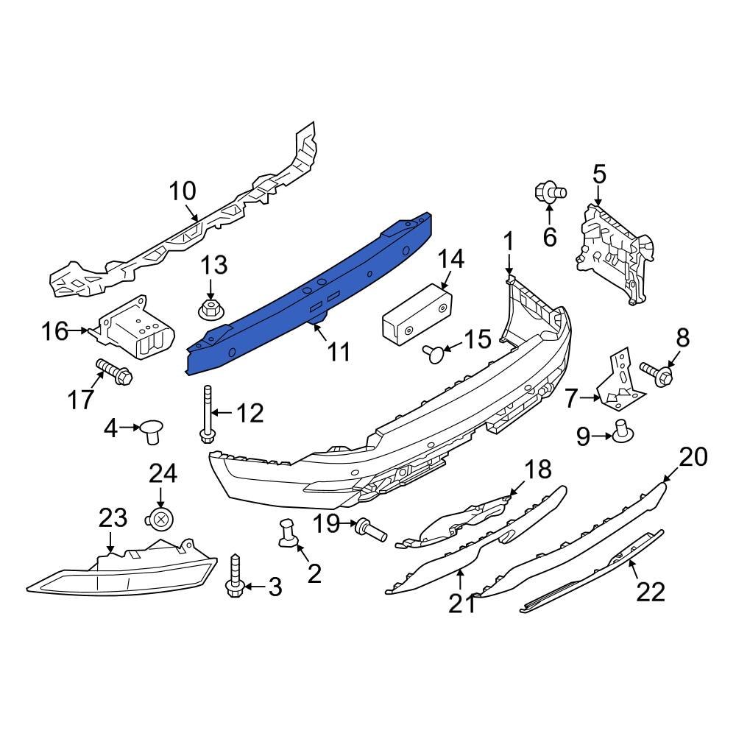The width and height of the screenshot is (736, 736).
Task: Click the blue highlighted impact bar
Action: pos(309,294)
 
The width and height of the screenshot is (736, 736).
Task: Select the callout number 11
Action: pos(339,352)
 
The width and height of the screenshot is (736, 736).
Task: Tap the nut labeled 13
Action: pos(210,309)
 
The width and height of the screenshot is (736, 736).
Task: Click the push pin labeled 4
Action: pos(152,429)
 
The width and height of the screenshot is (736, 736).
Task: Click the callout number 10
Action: pos(183,191)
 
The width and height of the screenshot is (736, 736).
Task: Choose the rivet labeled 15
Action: pos(434,354)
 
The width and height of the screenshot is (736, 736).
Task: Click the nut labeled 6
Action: pos(549,192)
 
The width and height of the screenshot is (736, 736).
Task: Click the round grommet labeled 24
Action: pos(161,520)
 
